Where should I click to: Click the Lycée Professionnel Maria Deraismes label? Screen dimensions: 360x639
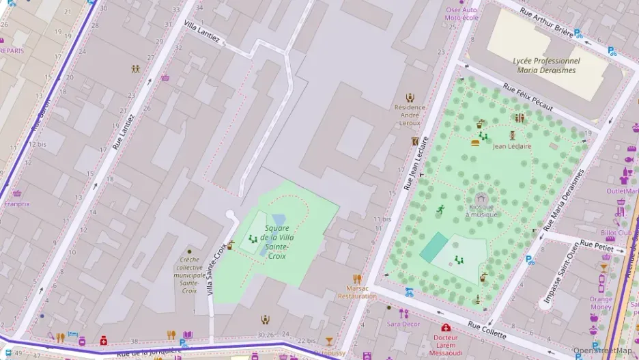tap(545, 65)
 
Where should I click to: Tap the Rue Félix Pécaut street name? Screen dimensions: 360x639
tap(528, 97)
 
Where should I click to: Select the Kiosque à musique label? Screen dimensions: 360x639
tap(481, 210)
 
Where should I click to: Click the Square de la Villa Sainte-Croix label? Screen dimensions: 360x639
tap(276, 242)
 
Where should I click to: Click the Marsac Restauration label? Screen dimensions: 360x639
tap(356, 292)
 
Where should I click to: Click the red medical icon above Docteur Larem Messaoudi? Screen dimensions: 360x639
tap(446, 328)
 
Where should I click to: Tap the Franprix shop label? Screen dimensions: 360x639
tap(17, 203)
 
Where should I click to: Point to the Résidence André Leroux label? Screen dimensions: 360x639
tap(410, 115)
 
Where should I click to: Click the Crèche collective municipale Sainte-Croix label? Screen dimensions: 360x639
tap(189, 275)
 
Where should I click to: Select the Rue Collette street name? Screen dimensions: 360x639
tap(487, 330)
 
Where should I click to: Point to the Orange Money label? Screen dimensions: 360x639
tap(601, 303)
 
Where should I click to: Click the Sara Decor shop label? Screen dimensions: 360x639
tap(403, 324)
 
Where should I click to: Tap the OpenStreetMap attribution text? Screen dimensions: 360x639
tap(602, 350)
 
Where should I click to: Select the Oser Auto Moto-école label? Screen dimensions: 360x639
tap(461, 14)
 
